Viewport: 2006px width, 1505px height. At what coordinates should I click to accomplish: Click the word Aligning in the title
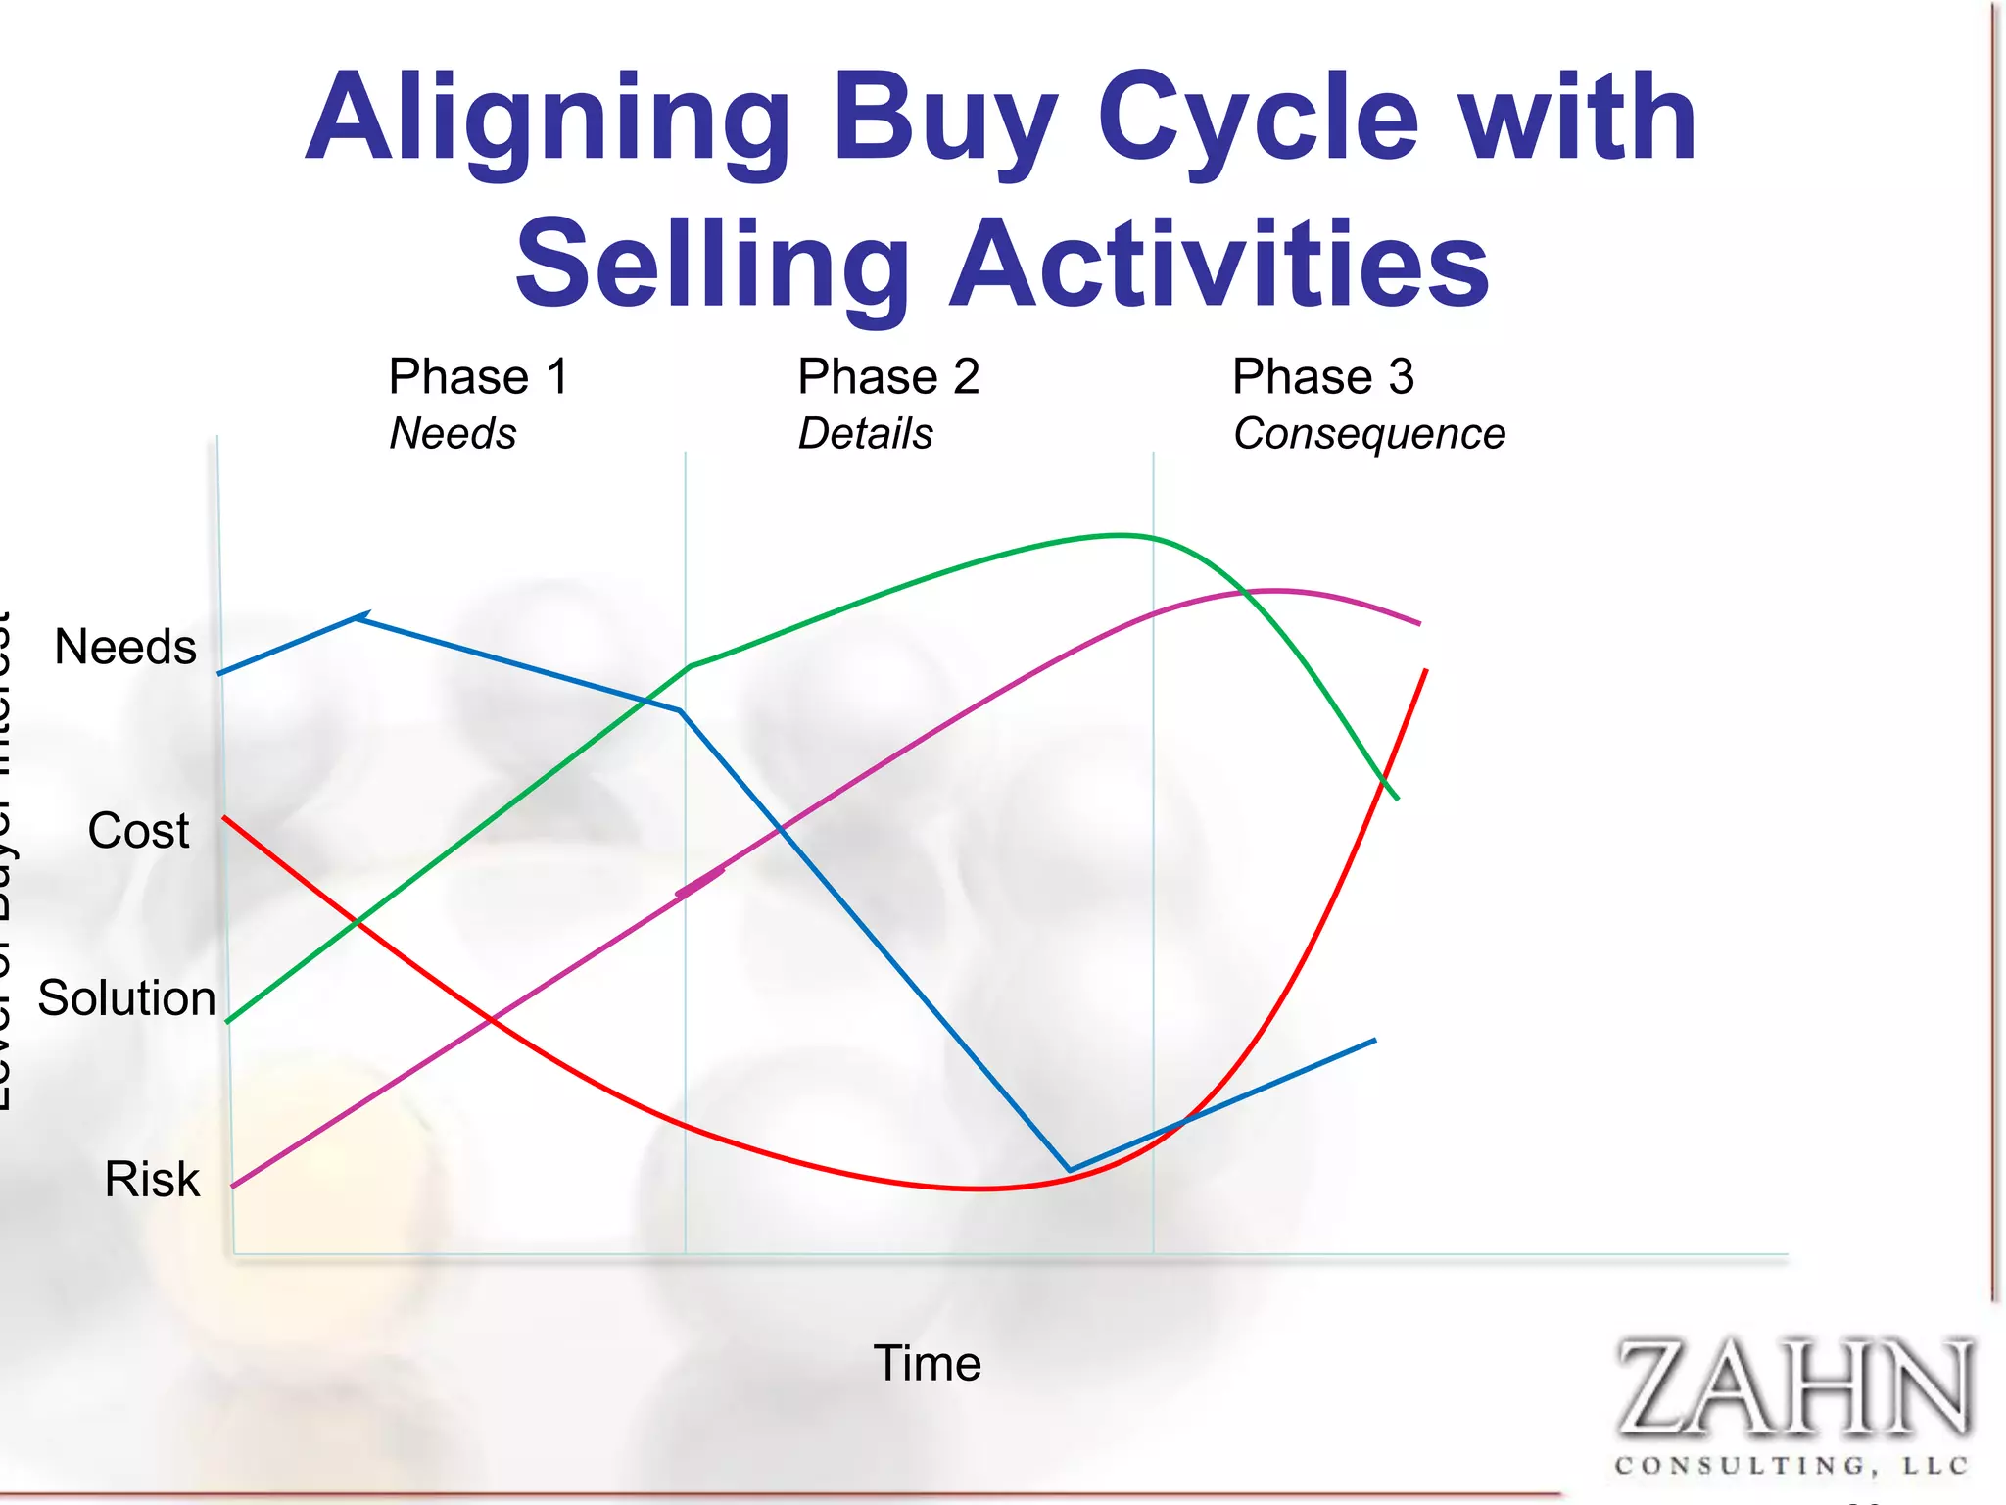(549, 120)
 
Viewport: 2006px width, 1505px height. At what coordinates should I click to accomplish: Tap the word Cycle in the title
(1258, 120)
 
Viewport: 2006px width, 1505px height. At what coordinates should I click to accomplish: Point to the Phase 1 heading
(478, 377)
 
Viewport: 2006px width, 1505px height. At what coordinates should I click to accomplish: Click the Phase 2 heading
(888, 377)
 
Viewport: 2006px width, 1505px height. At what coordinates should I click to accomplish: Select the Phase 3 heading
(1323, 377)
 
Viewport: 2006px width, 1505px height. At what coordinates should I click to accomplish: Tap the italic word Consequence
(1368, 434)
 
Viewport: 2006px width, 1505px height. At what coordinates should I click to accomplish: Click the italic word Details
(866, 434)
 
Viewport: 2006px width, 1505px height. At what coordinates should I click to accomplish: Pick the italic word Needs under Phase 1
(453, 434)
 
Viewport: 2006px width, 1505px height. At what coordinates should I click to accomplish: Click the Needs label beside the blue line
(125, 648)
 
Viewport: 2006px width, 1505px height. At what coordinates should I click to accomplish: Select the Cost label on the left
(138, 831)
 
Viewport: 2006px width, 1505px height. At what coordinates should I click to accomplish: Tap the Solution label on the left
(126, 998)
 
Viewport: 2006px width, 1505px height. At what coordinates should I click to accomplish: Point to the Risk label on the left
(152, 1180)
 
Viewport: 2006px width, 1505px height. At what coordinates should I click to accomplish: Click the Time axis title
(927, 1363)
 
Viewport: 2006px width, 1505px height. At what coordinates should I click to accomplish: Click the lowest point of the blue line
(1070, 1169)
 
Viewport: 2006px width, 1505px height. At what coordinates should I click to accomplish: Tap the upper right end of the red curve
(1425, 670)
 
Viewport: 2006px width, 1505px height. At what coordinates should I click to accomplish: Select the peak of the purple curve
(1273, 591)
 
